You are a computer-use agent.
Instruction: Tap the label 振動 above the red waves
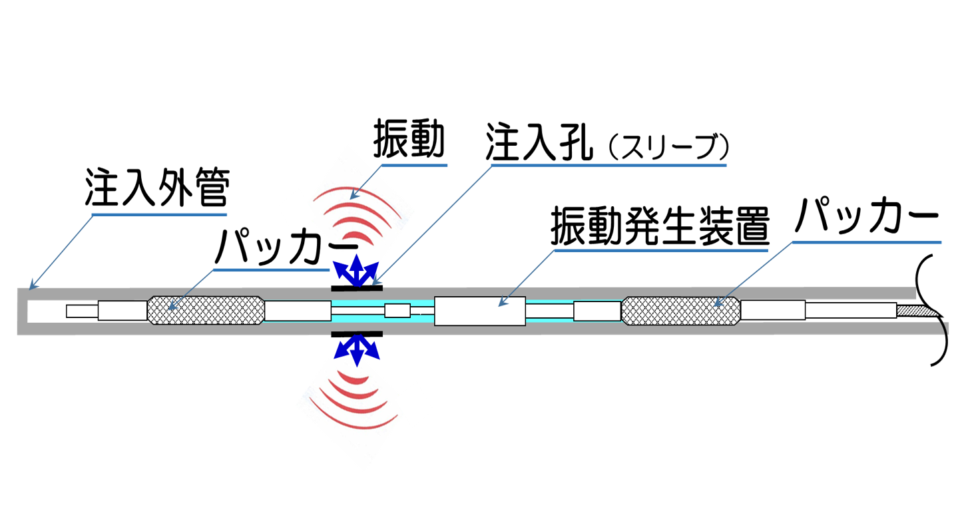410,140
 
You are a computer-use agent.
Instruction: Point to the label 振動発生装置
659,230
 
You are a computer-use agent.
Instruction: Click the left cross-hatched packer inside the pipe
205,310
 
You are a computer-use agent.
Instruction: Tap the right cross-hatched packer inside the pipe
680,310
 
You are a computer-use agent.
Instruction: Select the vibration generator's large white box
479,310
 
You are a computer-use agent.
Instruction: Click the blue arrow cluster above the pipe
357,269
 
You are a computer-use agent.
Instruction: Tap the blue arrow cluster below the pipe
358,349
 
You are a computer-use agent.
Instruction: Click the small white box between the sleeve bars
397,310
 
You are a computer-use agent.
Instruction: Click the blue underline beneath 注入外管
159,214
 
